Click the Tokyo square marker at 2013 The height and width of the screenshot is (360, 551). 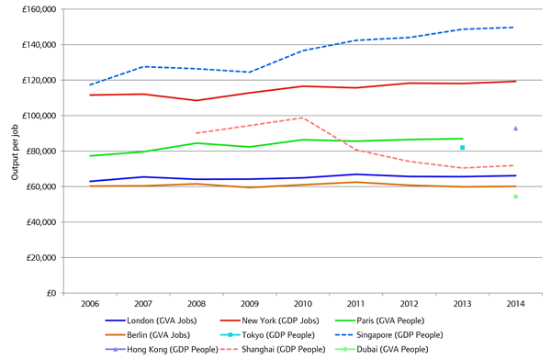(x=463, y=148)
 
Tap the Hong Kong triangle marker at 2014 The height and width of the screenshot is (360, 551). (x=515, y=129)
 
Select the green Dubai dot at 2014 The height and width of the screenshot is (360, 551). (x=515, y=197)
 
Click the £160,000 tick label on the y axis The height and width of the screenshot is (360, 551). (x=39, y=9)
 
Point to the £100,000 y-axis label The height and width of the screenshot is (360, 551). (x=39, y=116)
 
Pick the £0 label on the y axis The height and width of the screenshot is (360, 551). (x=51, y=293)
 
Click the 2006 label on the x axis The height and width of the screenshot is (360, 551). (x=90, y=304)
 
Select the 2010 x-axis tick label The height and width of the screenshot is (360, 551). (x=302, y=304)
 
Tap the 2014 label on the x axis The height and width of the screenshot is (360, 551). (x=515, y=304)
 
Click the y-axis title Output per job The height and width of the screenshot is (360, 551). (x=15, y=152)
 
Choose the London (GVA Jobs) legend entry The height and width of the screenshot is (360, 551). (x=152, y=321)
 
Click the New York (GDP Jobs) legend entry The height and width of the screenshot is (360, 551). (x=269, y=321)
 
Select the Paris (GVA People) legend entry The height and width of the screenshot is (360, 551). (x=380, y=321)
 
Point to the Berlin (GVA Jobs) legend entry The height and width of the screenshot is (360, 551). (x=148, y=335)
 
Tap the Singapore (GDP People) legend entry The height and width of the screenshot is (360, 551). (x=389, y=335)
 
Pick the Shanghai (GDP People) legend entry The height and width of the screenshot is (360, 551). (x=273, y=350)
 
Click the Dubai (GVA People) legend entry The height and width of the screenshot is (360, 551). (x=382, y=350)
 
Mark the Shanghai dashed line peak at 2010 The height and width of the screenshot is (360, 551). (x=303, y=118)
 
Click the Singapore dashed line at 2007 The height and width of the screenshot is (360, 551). (x=143, y=66)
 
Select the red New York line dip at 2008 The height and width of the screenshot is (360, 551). (x=197, y=100)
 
